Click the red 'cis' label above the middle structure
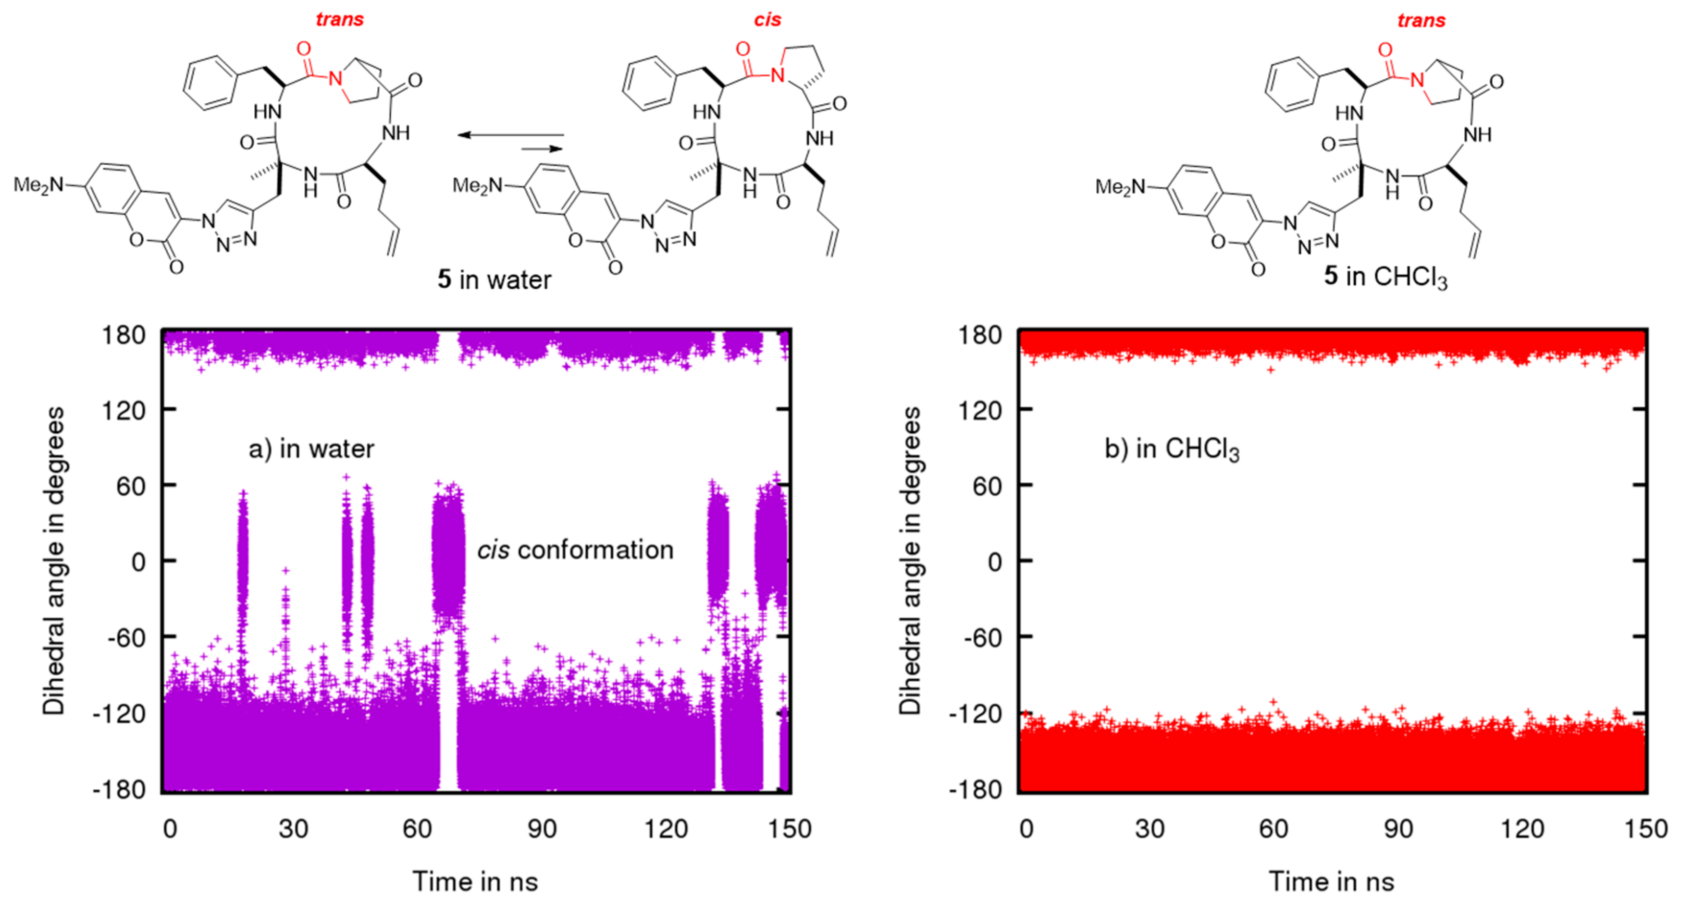pos(767,20)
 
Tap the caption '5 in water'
pos(494,279)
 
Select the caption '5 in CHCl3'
pos(1385,277)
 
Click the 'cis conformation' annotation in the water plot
pos(575,550)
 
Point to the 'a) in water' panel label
pos(311,449)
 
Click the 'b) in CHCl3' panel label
pos(1171,450)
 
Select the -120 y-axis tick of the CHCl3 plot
pos(975,714)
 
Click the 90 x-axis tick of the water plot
pos(542,829)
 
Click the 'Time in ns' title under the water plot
pos(475,881)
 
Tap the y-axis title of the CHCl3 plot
pos(910,561)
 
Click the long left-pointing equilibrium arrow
pos(510,135)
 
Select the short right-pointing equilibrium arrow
pos(542,149)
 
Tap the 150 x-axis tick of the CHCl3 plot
pos(1646,829)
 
